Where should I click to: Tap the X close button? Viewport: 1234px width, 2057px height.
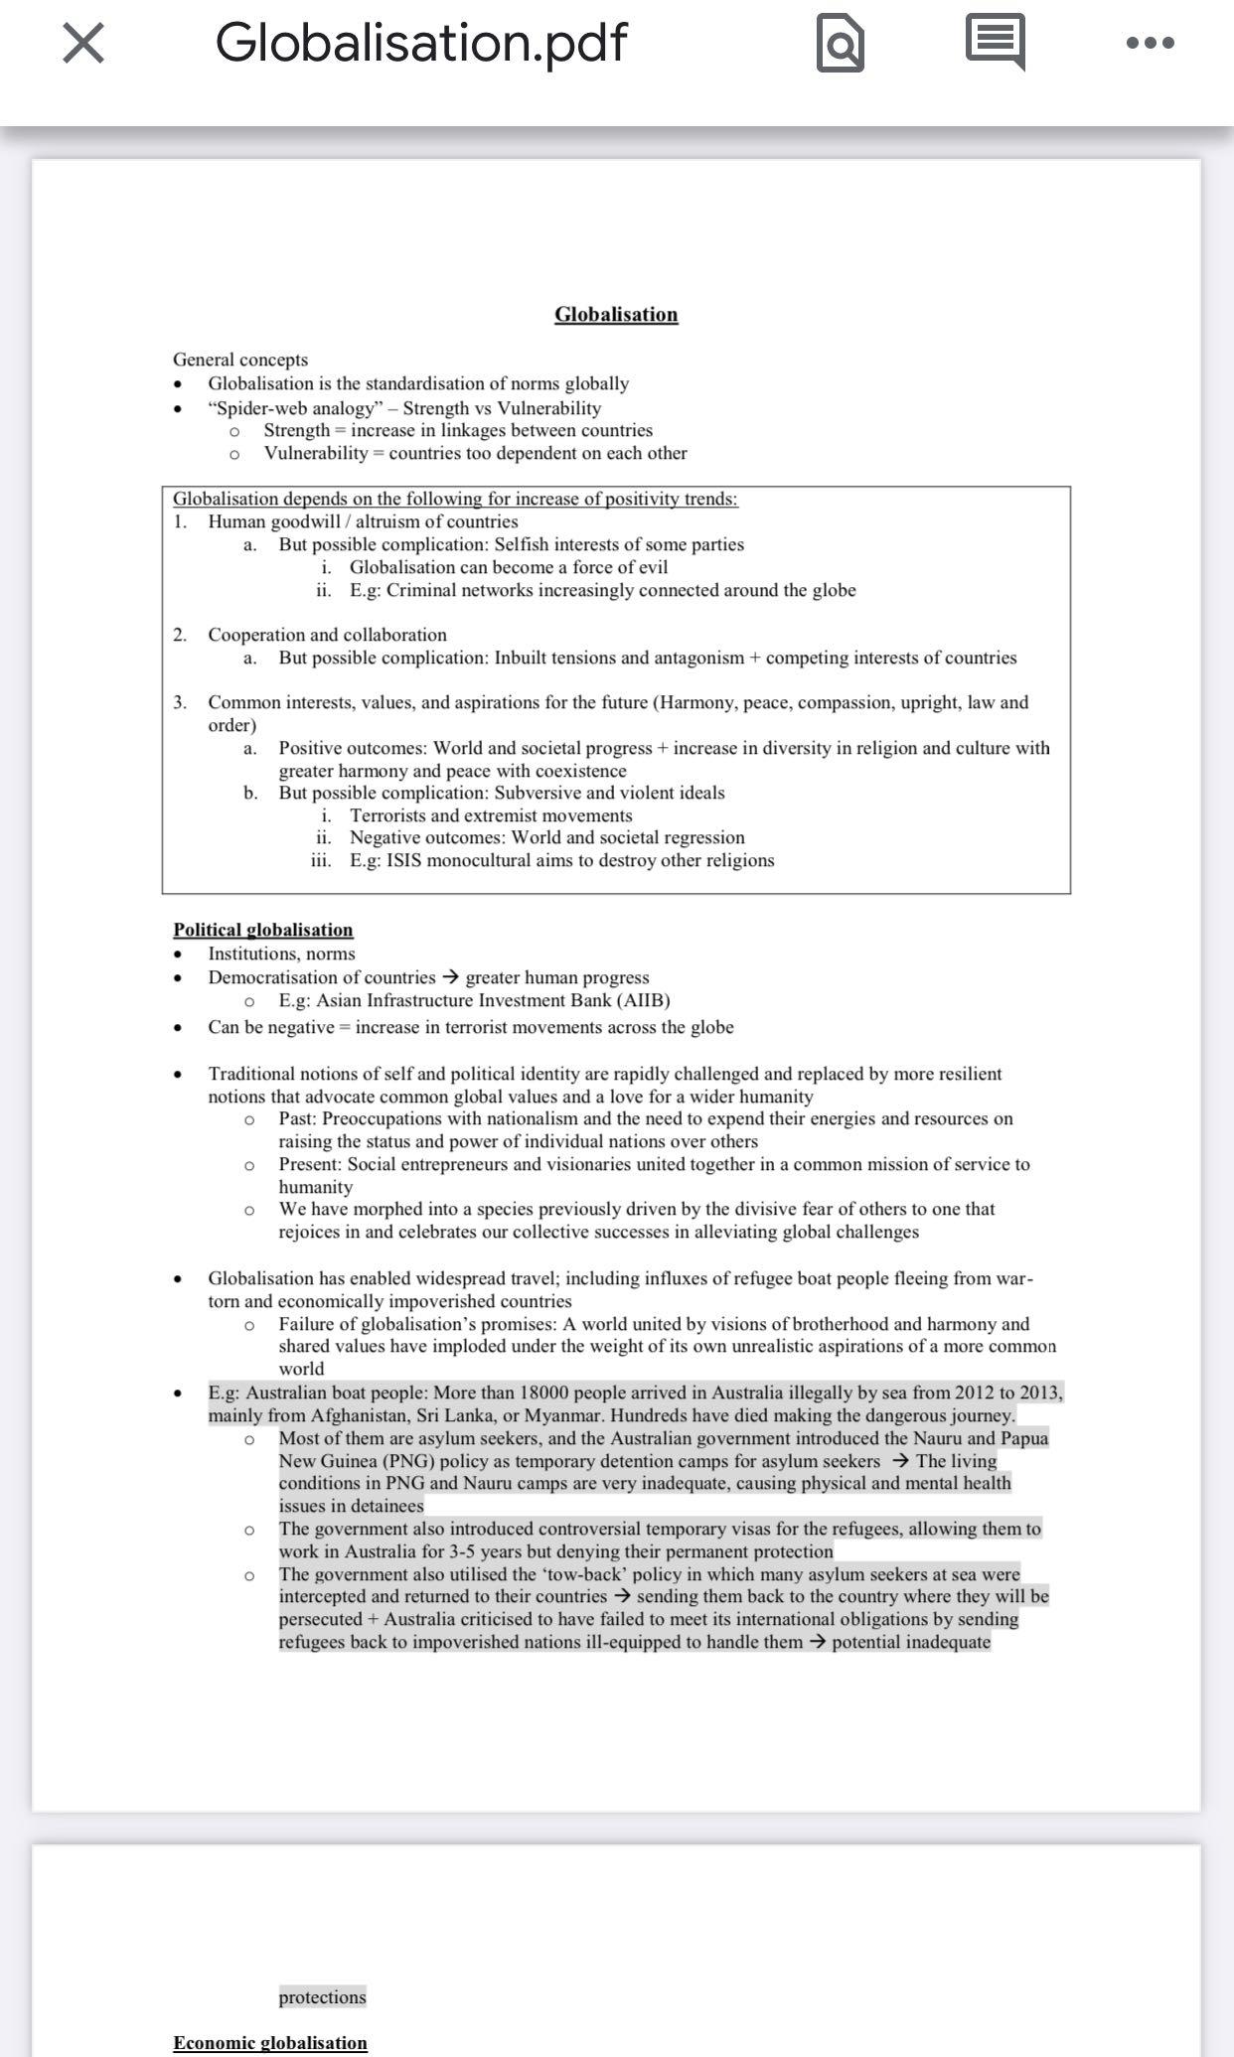(83, 44)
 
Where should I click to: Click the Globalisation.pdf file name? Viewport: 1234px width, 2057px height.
(420, 44)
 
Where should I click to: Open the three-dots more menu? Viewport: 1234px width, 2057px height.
(1151, 44)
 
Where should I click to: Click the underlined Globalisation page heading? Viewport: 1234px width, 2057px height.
(616, 315)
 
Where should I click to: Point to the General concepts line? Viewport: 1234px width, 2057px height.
(240, 360)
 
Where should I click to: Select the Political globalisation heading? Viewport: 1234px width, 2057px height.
(263, 930)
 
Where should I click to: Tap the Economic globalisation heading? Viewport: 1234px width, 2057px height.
(270, 2042)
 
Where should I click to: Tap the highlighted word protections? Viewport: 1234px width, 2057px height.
(322, 1996)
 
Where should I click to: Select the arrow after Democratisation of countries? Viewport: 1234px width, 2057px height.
(450, 977)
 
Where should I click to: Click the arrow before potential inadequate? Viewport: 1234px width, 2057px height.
(817, 1642)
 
